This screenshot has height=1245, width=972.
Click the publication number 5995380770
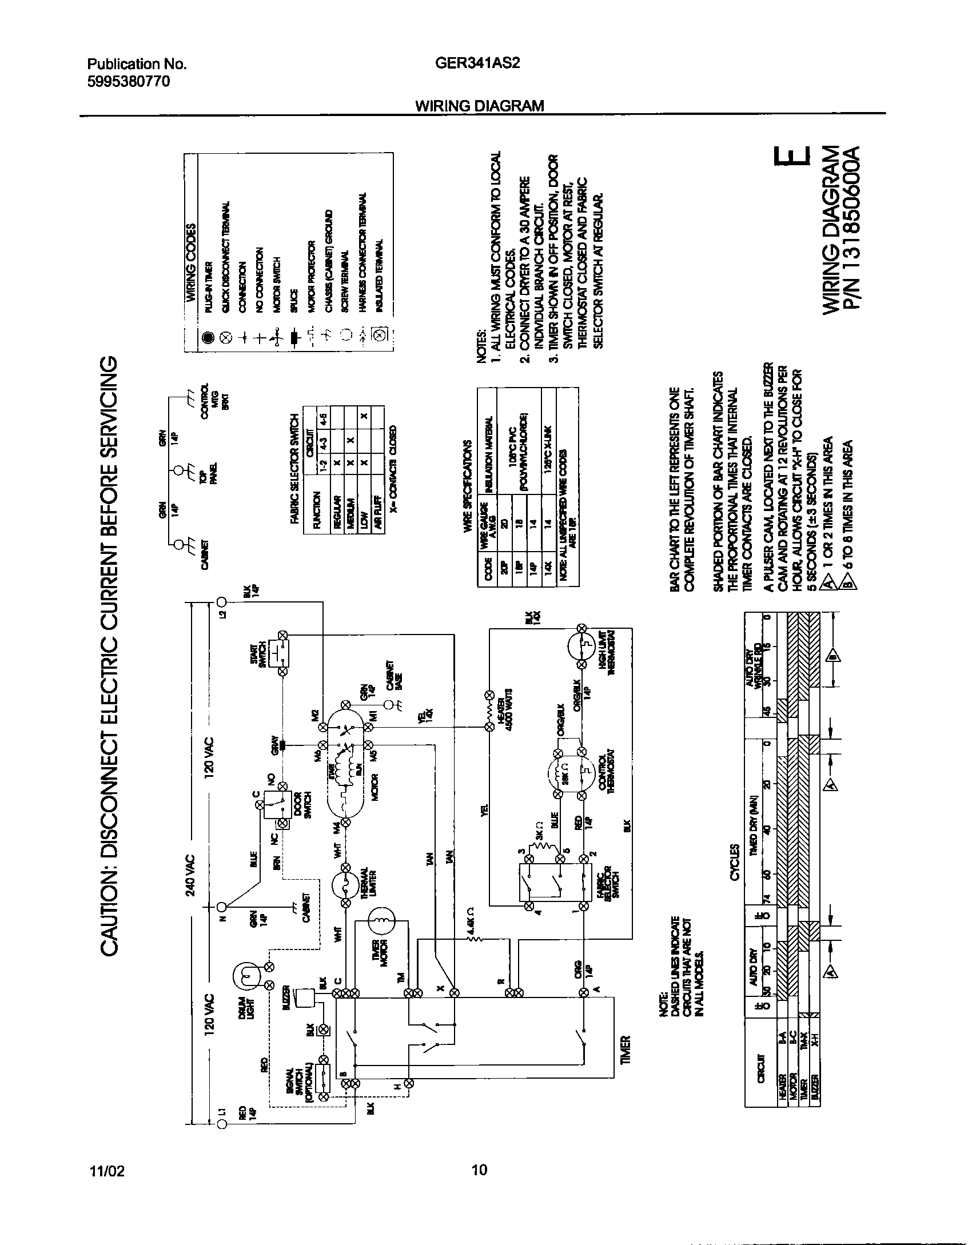click(129, 81)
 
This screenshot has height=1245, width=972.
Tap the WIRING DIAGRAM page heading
click(479, 106)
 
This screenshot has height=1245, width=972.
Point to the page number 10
click(480, 1170)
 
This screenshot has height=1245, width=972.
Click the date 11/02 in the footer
click(106, 1171)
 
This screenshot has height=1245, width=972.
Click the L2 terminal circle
click(222, 601)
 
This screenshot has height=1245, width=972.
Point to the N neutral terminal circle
click(222, 905)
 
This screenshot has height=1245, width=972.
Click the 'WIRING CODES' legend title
click(191, 260)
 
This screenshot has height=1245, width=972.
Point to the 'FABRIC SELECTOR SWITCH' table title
click(295, 468)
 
